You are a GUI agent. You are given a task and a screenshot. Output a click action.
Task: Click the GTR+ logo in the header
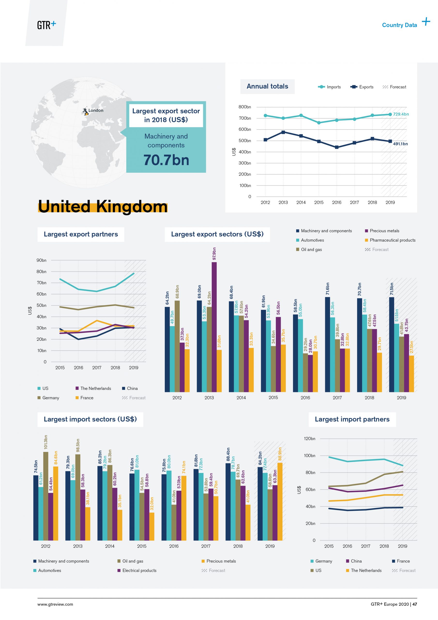tap(46, 25)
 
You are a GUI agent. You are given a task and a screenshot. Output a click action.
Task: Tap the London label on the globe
tap(96, 110)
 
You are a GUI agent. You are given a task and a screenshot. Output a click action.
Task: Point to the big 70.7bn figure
tap(166, 160)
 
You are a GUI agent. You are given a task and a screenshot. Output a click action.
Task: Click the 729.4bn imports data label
tap(401, 114)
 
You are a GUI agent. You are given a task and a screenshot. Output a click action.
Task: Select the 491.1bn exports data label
tap(400, 144)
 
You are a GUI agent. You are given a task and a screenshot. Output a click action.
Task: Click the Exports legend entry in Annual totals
tap(362, 87)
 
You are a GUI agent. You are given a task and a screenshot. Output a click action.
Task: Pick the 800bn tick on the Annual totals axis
tap(244, 107)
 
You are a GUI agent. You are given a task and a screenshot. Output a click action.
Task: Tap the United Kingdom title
tap(103, 207)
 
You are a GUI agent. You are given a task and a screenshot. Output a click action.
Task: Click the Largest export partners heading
tap(81, 234)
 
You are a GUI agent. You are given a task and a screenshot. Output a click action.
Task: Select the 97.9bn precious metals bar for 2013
tap(214, 327)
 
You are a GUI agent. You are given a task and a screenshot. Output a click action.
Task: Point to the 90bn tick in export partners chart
tap(41, 260)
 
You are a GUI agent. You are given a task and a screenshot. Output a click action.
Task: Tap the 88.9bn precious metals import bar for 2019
tap(280, 502)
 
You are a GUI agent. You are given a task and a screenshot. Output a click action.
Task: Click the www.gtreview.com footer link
tap(55, 604)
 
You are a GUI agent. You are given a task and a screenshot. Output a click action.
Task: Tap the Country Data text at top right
tap(400, 25)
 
